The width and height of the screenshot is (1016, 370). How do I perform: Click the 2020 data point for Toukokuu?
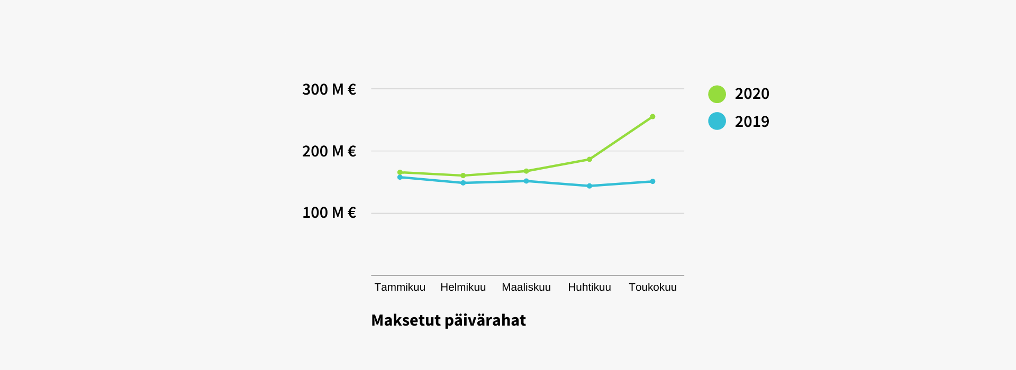click(652, 117)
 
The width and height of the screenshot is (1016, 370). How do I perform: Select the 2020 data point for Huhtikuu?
click(589, 159)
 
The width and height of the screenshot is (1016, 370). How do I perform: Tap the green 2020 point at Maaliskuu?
click(526, 171)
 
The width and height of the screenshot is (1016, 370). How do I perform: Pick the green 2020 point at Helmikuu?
click(463, 175)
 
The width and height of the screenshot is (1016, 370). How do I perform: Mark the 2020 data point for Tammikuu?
click(400, 172)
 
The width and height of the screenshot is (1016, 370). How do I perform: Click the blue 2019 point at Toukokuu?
click(652, 181)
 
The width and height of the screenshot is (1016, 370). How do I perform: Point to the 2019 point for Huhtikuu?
click(589, 186)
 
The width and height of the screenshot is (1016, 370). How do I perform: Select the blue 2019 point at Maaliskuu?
click(526, 181)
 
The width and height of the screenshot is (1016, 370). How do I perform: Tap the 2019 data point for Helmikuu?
click(463, 183)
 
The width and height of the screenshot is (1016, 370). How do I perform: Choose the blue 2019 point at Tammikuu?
click(400, 177)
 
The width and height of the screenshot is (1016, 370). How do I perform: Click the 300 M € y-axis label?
click(329, 89)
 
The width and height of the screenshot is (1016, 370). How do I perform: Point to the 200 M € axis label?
click(329, 151)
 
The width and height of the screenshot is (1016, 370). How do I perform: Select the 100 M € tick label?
click(329, 212)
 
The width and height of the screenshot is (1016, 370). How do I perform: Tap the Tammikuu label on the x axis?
click(400, 287)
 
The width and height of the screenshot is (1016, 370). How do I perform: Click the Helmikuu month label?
click(463, 287)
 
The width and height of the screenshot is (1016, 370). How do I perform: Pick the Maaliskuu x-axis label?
click(526, 287)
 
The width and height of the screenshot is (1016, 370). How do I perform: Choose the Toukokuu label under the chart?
click(652, 287)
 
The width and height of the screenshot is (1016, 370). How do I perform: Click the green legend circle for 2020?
click(717, 94)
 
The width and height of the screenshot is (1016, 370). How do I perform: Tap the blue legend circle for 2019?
click(717, 121)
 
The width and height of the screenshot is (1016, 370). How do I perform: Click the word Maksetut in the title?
click(406, 320)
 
